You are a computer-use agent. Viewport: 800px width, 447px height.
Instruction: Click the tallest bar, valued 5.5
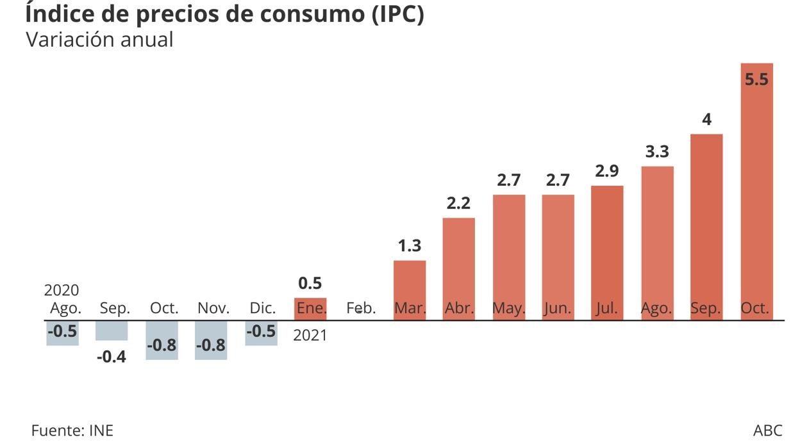[756, 192]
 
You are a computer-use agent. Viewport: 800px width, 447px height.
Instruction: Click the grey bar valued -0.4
[112, 330]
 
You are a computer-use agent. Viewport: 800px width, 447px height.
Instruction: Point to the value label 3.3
[656, 152]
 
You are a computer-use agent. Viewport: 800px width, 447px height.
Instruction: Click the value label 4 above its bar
[706, 120]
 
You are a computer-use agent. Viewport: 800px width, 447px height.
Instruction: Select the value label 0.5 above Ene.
[310, 283]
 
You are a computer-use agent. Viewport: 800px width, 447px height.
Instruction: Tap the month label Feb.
[360, 308]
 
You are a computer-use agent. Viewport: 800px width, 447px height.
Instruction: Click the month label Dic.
[262, 308]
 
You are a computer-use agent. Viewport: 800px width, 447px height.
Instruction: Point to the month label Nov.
[213, 308]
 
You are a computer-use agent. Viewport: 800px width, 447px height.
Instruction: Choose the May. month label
[508, 308]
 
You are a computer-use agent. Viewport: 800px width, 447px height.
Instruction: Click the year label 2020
[62, 290]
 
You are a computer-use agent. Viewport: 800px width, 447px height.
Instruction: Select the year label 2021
[310, 335]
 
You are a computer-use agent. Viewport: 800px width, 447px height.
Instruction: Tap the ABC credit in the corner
[768, 430]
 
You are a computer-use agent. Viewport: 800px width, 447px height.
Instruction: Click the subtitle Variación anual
[99, 40]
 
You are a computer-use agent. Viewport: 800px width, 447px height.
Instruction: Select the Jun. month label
[558, 308]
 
